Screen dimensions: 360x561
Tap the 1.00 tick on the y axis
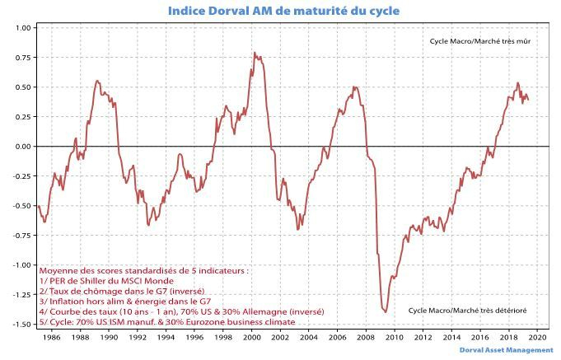coord(22,28)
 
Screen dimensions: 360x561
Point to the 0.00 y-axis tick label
coord(22,147)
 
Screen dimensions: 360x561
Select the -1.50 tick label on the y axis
coord(21,325)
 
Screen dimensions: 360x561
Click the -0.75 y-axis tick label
coord(21,236)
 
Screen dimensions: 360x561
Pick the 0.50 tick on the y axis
coord(22,87)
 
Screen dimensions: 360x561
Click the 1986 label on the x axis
coord(50,337)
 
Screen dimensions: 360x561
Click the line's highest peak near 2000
coord(254,53)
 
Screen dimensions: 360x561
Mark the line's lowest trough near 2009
coord(386,311)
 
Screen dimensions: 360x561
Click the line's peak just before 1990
coord(97,81)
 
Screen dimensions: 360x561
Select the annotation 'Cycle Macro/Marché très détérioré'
coord(467,311)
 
